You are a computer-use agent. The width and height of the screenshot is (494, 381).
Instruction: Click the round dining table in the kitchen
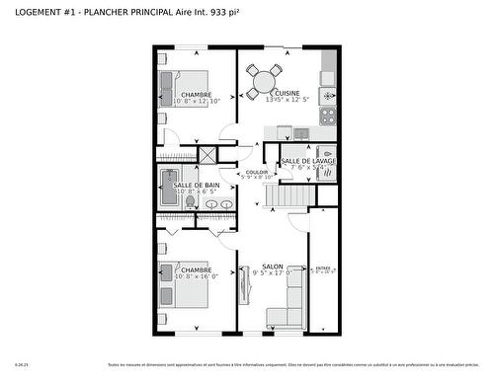pos(265,78)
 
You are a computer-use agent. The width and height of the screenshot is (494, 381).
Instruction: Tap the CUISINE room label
pos(288,93)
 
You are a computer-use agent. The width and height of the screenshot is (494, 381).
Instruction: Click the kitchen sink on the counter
pos(301,132)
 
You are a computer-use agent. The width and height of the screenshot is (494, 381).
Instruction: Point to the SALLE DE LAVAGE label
pos(308,160)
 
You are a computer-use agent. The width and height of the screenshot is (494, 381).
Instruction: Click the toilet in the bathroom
pos(190,201)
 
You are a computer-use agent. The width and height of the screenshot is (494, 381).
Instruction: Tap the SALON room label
pos(273,266)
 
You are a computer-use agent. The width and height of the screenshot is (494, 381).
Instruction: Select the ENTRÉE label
pos(323,267)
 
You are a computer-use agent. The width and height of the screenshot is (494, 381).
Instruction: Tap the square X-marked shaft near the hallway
pos(208,155)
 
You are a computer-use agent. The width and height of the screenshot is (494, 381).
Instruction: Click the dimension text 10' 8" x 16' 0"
pos(196,276)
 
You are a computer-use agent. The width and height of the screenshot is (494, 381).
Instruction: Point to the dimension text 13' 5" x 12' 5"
pos(288,100)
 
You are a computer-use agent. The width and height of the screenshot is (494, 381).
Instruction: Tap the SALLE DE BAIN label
pos(197,185)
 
